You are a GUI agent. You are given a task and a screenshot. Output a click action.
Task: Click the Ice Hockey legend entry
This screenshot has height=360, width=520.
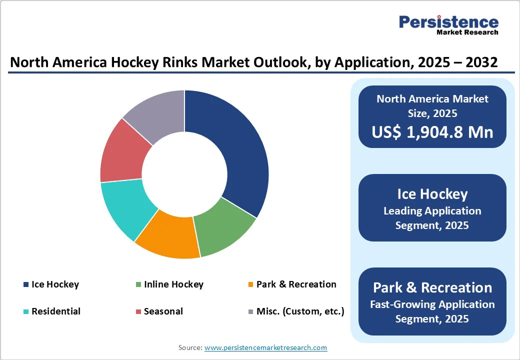pos(55,284)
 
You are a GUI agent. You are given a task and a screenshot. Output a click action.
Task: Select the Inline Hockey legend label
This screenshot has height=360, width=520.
pos(173,284)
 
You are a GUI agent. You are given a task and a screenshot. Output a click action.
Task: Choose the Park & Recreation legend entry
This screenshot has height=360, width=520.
pos(296,284)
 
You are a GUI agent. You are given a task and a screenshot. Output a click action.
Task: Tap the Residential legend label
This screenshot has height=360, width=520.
pos(55,311)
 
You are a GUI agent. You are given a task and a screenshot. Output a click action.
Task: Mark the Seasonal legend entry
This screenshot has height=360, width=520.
pos(163,311)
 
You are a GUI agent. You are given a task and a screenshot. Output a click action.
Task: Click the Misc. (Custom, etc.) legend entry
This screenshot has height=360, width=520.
pos(300,311)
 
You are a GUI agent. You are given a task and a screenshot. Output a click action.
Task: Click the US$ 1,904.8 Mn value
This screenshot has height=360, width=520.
pos(432,131)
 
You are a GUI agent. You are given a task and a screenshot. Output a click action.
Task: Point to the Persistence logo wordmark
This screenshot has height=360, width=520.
pos(448,22)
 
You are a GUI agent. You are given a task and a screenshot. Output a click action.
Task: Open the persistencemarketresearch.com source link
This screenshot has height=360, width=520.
pos(265,347)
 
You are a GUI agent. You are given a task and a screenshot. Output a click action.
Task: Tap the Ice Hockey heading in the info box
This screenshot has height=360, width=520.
pos(432,194)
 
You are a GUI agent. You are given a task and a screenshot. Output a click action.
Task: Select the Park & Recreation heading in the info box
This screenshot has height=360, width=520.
pos(432,287)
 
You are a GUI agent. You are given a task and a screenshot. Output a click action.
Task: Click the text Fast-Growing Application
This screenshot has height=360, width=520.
pos(432,304)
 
